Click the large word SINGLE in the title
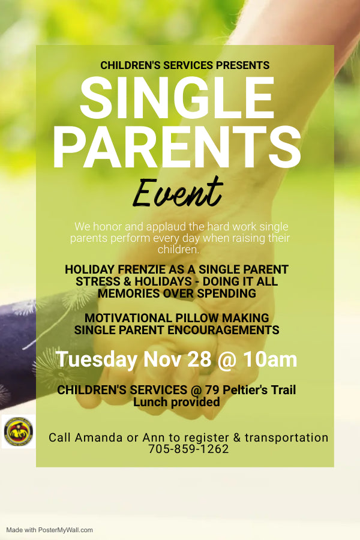click(x=177, y=98)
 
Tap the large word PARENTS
click(x=177, y=147)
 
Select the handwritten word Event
click(x=178, y=193)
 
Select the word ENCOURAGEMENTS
click(x=223, y=330)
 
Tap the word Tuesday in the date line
click(x=97, y=359)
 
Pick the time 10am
click(x=270, y=359)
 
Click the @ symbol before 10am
click(x=227, y=360)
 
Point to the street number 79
click(x=212, y=390)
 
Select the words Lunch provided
click(x=176, y=402)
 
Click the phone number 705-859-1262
click(x=188, y=449)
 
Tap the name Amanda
click(x=98, y=437)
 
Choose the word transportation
click(x=286, y=438)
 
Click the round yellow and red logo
click(x=19, y=431)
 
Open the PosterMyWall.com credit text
click(x=49, y=530)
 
